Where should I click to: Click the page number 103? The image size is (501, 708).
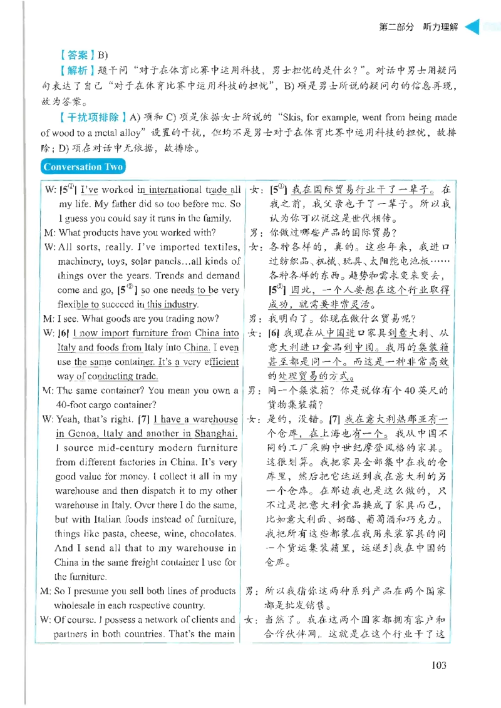(438, 665)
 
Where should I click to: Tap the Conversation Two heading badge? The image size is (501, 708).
(83, 167)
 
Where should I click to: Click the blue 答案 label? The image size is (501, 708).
(77, 55)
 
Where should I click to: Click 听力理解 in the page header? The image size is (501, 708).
(440, 27)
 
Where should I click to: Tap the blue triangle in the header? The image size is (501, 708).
(472, 27)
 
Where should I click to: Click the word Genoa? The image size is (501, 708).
(83, 433)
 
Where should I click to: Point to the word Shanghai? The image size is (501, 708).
(216, 433)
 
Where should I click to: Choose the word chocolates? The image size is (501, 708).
(213, 534)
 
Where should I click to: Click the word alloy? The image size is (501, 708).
(130, 133)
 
